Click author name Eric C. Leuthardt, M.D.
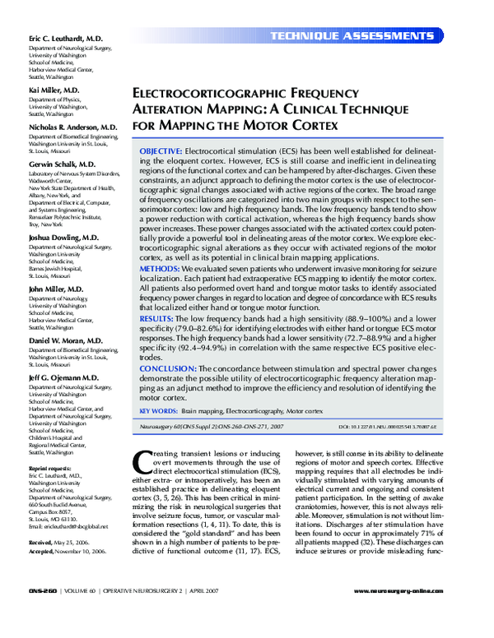click(x=66, y=39)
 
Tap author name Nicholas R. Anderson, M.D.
click(x=73, y=128)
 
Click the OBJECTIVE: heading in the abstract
click(x=161, y=154)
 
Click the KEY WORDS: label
click(x=158, y=409)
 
